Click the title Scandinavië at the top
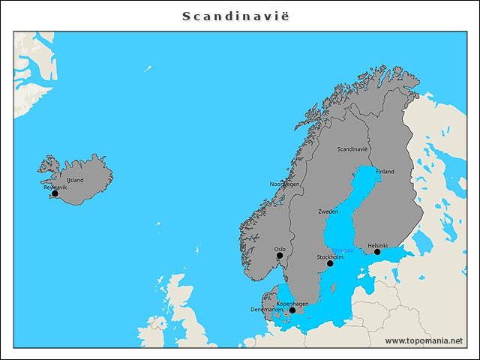point(239,16)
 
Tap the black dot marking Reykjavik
point(54,193)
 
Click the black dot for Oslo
point(280,256)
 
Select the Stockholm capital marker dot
point(330,263)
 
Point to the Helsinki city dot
point(377,252)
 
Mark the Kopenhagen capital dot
point(292,310)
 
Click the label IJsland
point(75,181)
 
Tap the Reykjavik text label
point(55,187)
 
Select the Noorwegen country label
point(284,184)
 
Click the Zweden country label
point(328,212)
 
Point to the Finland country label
point(385,172)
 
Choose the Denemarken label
point(267,310)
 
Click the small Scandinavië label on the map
point(352,149)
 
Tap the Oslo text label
point(280,249)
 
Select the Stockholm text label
point(330,257)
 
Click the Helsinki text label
point(377,245)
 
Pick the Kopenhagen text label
point(292,304)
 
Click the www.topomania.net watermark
point(424,340)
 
